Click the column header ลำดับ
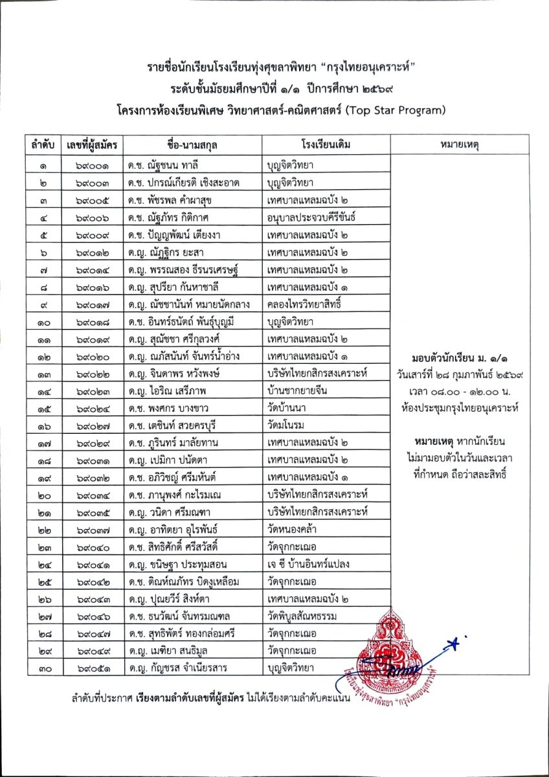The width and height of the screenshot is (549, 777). [x=43, y=144]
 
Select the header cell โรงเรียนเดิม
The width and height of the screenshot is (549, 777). [x=326, y=144]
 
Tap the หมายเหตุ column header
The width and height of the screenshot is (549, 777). [x=460, y=144]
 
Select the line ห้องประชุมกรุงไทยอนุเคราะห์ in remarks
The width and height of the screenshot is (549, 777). [x=460, y=408]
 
